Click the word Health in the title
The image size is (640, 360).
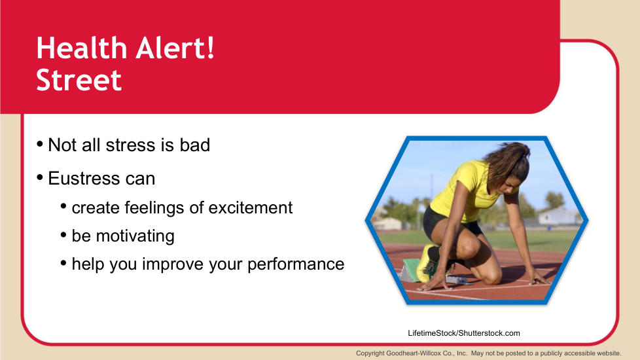point(82,48)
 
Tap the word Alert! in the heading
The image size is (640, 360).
point(175,48)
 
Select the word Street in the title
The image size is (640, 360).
point(79,80)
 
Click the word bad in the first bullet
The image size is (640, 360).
point(195,145)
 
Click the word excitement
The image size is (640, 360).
point(251,207)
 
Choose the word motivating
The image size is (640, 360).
point(135,236)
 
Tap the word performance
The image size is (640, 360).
point(296,264)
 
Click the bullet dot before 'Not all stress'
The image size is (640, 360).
point(40,144)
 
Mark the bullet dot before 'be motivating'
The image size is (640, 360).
point(63,235)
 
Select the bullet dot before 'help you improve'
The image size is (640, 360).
point(63,263)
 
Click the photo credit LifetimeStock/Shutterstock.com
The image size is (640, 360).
point(464,333)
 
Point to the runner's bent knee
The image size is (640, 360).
point(471,247)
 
